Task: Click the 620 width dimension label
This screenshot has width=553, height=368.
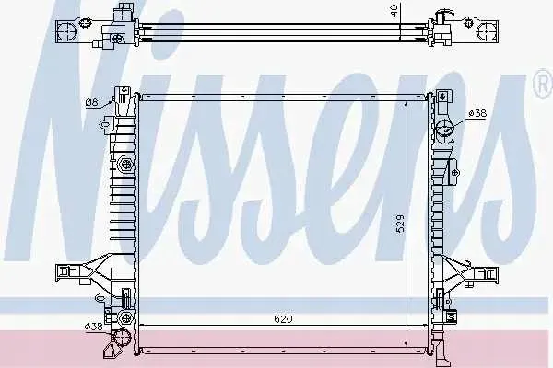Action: click(x=283, y=319)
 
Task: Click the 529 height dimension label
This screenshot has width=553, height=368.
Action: click(x=400, y=224)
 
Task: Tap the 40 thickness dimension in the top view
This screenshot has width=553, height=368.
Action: click(x=394, y=10)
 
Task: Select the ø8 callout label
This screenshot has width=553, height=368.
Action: click(x=91, y=102)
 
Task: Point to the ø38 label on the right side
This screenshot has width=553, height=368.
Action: click(x=477, y=113)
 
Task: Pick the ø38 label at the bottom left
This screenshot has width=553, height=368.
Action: click(x=93, y=327)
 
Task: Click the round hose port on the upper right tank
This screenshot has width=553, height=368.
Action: click(x=444, y=130)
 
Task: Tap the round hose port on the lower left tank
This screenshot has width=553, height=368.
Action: click(x=122, y=339)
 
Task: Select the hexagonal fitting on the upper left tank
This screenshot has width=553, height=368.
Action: click(x=125, y=163)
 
